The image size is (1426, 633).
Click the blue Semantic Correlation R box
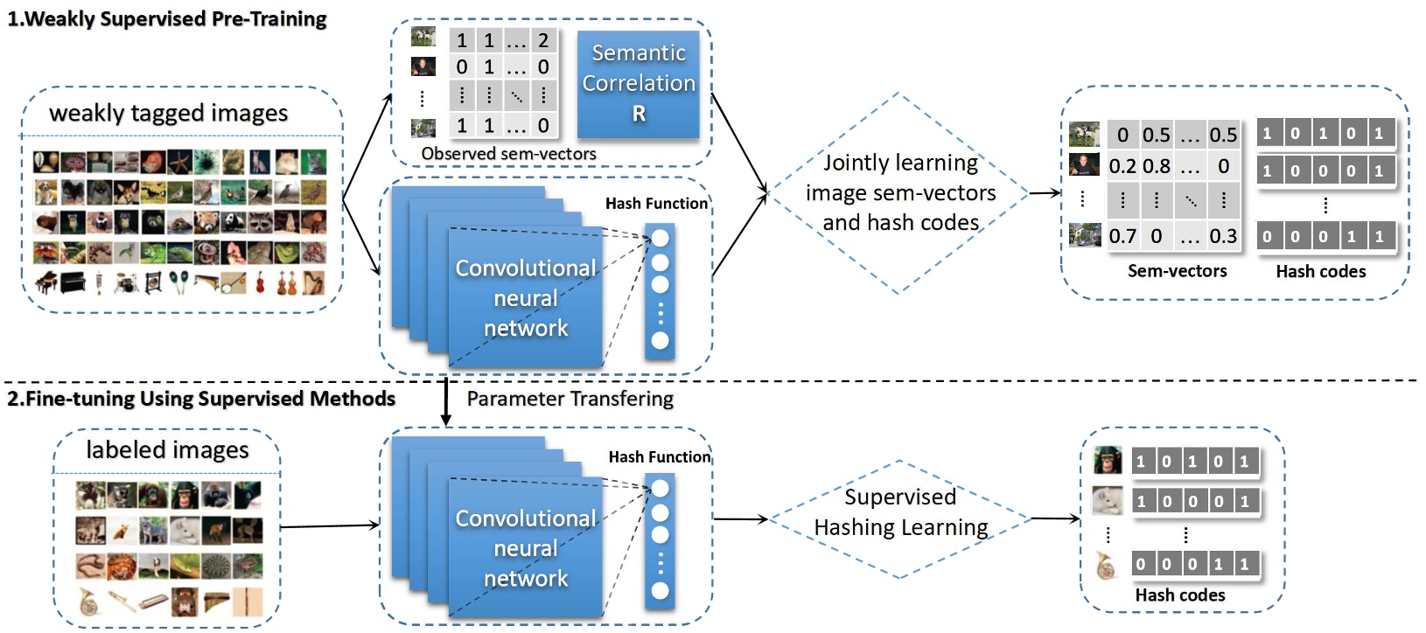639,83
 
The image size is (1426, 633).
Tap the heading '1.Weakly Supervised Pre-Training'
167,19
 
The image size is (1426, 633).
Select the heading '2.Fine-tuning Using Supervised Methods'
201,399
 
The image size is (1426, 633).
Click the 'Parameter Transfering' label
570,399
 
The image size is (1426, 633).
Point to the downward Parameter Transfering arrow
446,402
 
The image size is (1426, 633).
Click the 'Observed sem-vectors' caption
508,154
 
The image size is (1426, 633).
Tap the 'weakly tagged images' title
168,113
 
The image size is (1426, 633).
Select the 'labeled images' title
167,449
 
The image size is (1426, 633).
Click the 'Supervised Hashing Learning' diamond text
900,512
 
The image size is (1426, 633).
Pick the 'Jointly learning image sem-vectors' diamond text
900,192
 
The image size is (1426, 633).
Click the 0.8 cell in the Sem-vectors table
1156,166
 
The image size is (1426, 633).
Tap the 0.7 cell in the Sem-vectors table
1122,236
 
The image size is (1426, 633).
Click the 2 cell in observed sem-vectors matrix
543,40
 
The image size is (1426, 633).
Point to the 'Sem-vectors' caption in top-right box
1177,271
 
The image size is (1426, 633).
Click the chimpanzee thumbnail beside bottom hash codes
1108,461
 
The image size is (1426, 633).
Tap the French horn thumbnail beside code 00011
1107,566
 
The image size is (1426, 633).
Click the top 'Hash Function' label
656,204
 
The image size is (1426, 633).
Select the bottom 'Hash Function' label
660,457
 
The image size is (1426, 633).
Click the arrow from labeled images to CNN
330,525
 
